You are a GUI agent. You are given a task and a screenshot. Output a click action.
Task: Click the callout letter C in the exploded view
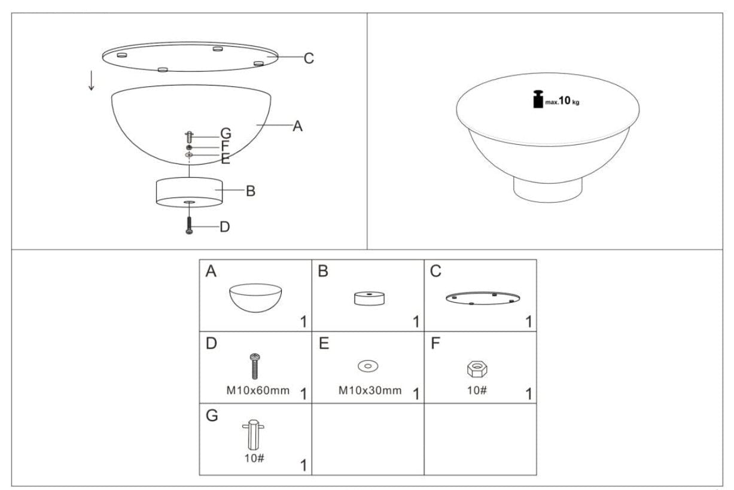309,58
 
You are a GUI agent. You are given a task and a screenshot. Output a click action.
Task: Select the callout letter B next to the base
251,191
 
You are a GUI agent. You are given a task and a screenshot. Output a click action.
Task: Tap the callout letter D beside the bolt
225,227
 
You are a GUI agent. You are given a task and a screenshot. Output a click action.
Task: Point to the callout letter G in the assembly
226,133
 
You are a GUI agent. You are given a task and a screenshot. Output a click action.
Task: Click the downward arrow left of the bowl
91,81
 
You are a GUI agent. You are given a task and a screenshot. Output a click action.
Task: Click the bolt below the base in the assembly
189,225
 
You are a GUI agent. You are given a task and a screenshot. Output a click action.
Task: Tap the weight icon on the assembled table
538,99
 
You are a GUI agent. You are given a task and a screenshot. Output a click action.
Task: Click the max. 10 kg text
562,101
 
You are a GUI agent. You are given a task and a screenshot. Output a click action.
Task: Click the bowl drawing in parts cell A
255,297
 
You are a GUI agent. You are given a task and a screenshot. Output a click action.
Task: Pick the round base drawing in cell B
368,299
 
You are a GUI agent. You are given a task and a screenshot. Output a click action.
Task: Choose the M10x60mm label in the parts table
258,391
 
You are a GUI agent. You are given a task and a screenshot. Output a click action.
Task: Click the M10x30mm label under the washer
370,391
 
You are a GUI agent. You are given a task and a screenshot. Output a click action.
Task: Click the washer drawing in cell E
366,365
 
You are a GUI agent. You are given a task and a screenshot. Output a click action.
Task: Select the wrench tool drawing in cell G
254,436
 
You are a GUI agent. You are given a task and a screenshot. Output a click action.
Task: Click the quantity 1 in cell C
528,322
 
